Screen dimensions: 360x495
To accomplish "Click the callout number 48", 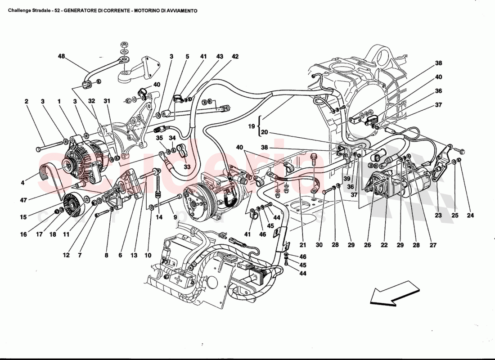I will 61,57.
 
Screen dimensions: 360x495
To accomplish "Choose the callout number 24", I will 470,216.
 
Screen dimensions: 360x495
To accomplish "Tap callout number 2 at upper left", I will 27,102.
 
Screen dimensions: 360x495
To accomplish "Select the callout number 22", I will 384,245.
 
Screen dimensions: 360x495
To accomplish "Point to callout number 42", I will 235,57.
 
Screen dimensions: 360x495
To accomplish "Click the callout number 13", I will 134,256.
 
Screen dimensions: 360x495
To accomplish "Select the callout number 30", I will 319,245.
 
